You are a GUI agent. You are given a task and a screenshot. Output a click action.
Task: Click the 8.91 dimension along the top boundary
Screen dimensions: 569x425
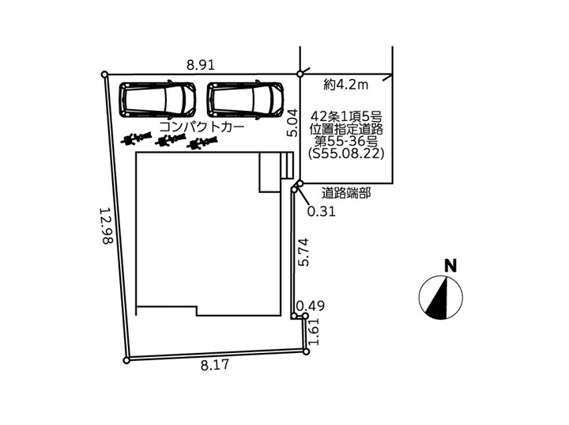[x=201, y=65]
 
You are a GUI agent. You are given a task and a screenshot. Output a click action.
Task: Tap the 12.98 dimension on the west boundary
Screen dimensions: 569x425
[x=107, y=226]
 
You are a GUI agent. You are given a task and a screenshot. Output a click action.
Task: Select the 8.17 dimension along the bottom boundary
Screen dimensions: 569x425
[x=215, y=365]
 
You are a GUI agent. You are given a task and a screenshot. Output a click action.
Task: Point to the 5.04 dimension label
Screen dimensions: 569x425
[x=292, y=123]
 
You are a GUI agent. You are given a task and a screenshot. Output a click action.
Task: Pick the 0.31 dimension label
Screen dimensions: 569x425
[x=321, y=211]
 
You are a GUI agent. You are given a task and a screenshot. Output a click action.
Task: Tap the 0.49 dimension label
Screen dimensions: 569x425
[x=311, y=306]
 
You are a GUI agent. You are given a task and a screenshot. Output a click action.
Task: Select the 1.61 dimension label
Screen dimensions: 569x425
[x=314, y=332]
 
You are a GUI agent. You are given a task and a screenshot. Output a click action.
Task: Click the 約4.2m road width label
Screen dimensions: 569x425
[x=346, y=85]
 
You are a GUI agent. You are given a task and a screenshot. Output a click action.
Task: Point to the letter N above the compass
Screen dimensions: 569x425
[x=450, y=266]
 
